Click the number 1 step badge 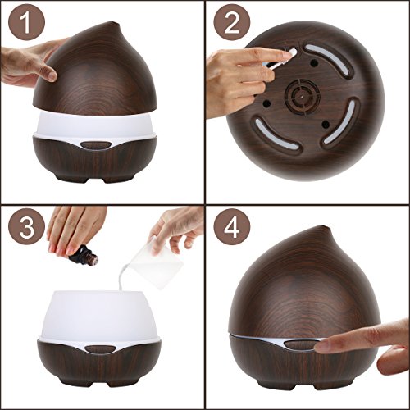(x=26, y=22)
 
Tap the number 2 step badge (x=232, y=22)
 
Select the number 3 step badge (x=26, y=226)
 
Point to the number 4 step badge (x=232, y=226)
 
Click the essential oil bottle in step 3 (x=84, y=255)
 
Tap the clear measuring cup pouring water (x=155, y=262)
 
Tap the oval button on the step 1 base (x=95, y=145)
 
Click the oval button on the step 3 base (x=100, y=348)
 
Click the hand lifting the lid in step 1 (x=30, y=63)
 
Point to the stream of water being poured (x=122, y=276)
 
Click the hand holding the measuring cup (x=178, y=229)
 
